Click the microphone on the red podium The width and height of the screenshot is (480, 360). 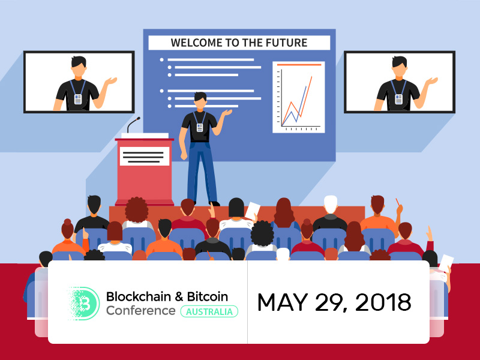coord(133,125)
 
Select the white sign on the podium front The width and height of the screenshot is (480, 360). coord(145,156)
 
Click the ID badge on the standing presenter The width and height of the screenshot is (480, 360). coord(200,127)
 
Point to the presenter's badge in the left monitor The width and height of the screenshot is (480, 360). coord(78,99)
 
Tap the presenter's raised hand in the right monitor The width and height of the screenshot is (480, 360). coord(431,81)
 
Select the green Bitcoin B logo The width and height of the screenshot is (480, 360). coord(83,304)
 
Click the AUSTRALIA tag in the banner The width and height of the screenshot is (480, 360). coord(209,311)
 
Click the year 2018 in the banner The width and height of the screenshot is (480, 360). coord(383,302)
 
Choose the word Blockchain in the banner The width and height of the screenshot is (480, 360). coord(139,296)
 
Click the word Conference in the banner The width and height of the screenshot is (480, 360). coord(141,310)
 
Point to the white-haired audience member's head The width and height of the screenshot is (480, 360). coord(331,204)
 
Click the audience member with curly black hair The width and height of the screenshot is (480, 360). coord(262,233)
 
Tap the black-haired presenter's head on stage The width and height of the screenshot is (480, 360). coord(200,100)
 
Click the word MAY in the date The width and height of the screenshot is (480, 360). coord(282,302)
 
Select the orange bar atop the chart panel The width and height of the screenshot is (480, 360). coord(299,65)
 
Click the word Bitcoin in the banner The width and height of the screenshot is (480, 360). coord(208,296)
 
